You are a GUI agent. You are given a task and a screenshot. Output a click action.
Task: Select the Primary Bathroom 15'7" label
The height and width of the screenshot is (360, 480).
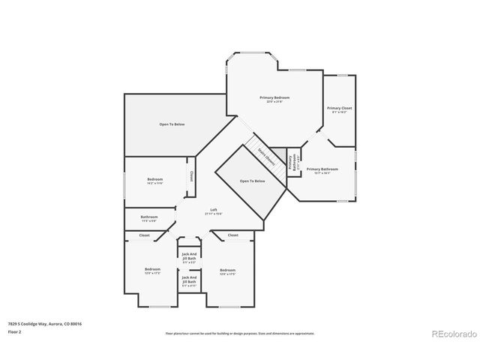[x=322, y=170]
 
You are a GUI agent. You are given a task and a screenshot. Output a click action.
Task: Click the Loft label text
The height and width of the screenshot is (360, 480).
[x=213, y=211]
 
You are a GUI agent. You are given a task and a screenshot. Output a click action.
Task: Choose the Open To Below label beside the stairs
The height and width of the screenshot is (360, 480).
[x=252, y=181]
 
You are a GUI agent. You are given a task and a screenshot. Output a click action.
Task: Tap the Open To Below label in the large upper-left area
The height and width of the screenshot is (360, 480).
[x=172, y=124]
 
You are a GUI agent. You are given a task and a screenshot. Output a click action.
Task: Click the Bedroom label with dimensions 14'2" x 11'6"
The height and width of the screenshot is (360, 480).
[x=154, y=181]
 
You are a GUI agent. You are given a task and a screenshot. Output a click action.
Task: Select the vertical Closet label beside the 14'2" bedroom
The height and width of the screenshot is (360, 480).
[x=191, y=176]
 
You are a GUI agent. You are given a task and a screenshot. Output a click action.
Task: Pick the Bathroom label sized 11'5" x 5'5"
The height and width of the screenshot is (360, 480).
[x=149, y=218]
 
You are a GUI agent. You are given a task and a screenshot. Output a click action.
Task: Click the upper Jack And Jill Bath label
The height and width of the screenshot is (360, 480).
[x=189, y=258]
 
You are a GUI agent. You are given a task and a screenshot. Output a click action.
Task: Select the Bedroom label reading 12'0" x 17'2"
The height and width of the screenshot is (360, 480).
[x=152, y=271]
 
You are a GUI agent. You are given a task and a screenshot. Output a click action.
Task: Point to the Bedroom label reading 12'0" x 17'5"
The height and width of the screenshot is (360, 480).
[x=227, y=271]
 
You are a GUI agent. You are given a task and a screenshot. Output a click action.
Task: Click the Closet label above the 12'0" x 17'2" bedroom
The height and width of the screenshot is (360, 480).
[x=144, y=235]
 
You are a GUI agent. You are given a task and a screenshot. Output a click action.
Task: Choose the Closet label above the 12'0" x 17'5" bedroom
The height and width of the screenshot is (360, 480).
[x=232, y=235]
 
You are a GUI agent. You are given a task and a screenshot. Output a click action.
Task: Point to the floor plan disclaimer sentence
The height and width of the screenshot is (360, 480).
[x=239, y=333]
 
